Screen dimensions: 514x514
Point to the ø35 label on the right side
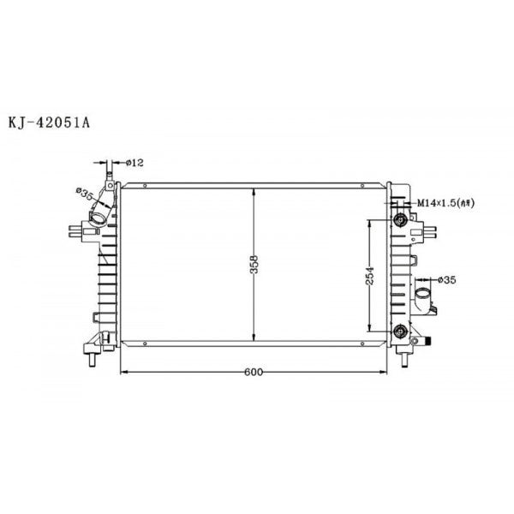pos(449,279)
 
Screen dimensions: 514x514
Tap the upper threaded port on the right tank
pos(399,219)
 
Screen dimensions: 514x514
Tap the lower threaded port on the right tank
pos(399,332)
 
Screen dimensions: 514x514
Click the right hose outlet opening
pos(421,296)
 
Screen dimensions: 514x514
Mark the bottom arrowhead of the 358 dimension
pos(254,339)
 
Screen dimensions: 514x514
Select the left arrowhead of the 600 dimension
pos(122,372)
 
